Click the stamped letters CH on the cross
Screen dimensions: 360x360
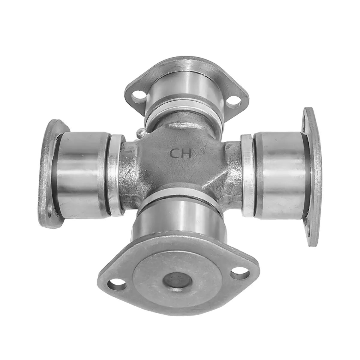tap(180, 154)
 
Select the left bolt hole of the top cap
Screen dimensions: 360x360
tap(138, 95)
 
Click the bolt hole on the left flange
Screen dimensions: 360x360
tap(50, 213)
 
